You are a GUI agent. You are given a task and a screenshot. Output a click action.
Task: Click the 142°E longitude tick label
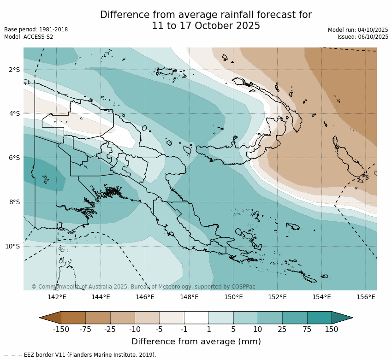pyautogui.click(x=57, y=297)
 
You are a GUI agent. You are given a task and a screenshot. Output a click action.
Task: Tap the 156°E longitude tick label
pyautogui.click(x=366, y=297)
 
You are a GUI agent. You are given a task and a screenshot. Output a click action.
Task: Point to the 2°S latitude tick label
pyautogui.click(x=14, y=70)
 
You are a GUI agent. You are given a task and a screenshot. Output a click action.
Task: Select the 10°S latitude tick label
pyautogui.click(x=12, y=246)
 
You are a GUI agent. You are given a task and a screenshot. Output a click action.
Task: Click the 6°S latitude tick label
pyautogui.click(x=14, y=158)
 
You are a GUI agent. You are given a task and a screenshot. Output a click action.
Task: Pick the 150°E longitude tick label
pyautogui.click(x=233, y=297)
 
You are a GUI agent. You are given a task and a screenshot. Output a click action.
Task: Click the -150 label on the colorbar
pyautogui.click(x=61, y=330)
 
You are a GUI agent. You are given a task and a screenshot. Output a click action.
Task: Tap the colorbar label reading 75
pyautogui.click(x=307, y=330)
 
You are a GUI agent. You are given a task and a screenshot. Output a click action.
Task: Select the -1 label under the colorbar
pyautogui.click(x=184, y=330)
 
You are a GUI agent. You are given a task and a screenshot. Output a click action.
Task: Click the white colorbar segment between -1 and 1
pyautogui.click(x=196, y=317)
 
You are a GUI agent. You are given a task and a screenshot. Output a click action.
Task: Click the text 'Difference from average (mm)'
pyautogui.click(x=196, y=342)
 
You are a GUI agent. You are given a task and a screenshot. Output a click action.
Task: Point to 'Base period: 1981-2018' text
pyautogui.click(x=36, y=30)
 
